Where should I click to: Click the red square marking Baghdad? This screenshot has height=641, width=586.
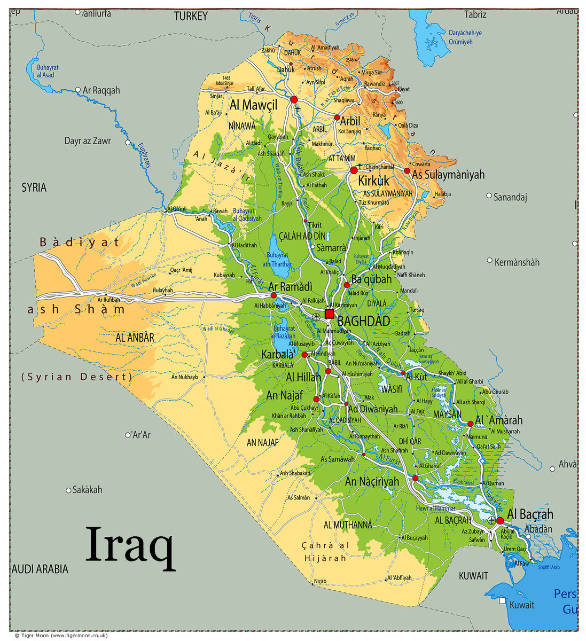[x=329, y=314]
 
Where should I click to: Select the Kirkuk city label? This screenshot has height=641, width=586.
[x=373, y=181]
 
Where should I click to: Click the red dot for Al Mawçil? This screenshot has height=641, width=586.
[x=294, y=99]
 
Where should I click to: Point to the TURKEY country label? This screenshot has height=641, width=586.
[x=191, y=17]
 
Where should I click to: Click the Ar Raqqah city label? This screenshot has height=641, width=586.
[x=101, y=90]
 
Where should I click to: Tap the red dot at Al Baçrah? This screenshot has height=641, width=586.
[x=500, y=520]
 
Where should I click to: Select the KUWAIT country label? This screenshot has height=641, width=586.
[x=473, y=576]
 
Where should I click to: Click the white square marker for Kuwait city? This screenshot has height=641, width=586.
[x=502, y=600]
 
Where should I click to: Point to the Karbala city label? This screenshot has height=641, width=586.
[x=277, y=354]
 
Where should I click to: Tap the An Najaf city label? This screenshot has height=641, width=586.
[x=285, y=396]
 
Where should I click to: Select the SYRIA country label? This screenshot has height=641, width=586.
[x=34, y=187]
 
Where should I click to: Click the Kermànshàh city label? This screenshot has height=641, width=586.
[x=517, y=262]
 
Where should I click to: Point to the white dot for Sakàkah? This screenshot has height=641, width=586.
[x=68, y=490]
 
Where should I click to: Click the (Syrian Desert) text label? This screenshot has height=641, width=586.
[x=76, y=377]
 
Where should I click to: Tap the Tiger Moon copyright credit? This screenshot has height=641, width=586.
[x=61, y=635]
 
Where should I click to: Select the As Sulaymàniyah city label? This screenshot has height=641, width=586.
[x=448, y=175]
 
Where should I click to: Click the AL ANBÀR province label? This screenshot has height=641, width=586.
[x=135, y=338]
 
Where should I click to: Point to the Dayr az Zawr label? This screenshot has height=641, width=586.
[x=88, y=141]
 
